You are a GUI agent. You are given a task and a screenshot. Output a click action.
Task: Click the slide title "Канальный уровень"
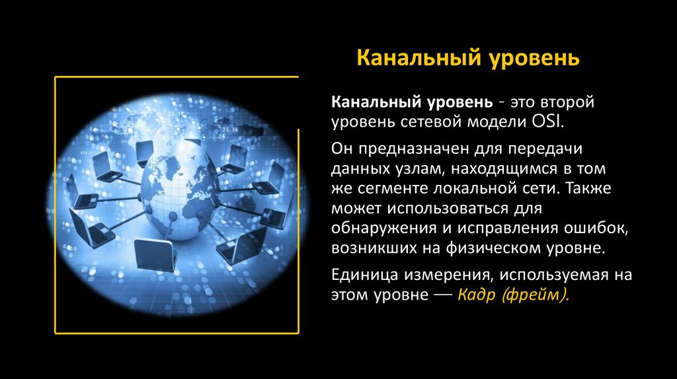pos(468,58)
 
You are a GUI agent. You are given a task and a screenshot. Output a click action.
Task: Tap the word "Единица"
pos(363,275)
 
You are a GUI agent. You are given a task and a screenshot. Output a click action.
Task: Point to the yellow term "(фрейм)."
pos(536,295)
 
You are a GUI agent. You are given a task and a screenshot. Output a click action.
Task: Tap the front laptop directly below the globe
pos(155,254)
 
